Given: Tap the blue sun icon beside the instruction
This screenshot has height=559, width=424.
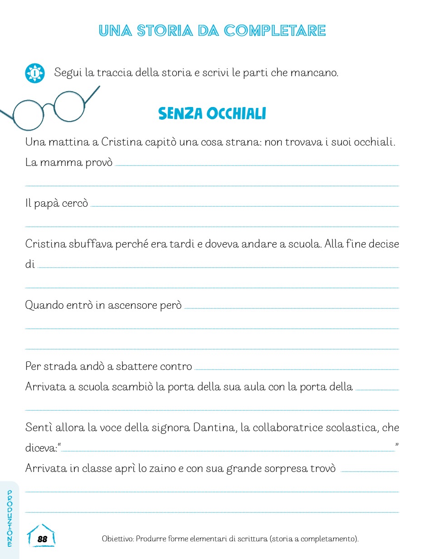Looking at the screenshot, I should coord(35,73).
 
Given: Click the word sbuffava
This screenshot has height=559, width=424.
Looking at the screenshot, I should coord(90,244).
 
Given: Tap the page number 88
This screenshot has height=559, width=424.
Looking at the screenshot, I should coord(42,539).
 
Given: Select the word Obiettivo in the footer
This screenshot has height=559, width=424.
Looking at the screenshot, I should coord(117,539).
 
